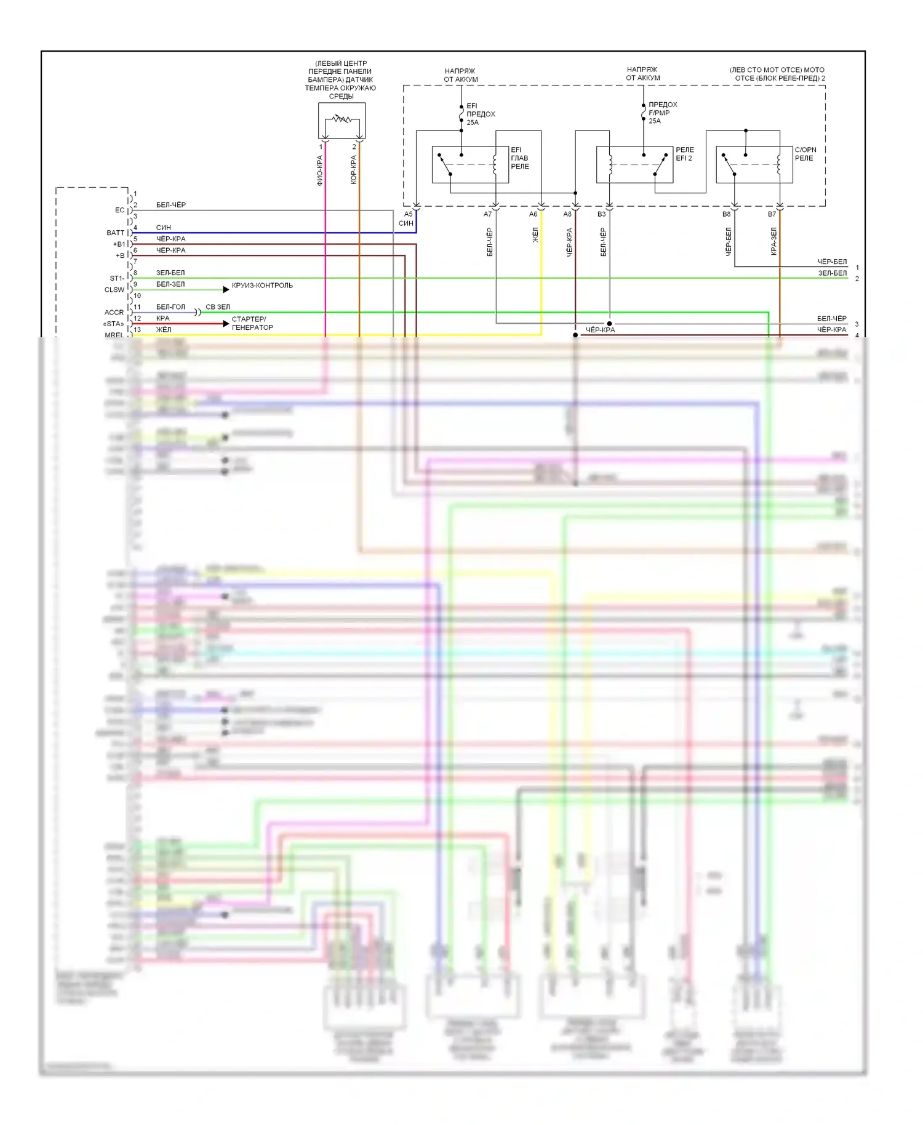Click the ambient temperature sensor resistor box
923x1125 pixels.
pos(342,121)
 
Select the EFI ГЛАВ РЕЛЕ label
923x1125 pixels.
pos(519,158)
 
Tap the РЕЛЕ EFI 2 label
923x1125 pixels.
pos(684,154)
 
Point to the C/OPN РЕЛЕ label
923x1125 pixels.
pos(805,154)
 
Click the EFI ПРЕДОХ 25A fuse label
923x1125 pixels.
pos(480,114)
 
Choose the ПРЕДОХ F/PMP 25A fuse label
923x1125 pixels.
pos(662,113)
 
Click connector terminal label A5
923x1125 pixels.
pos(408,214)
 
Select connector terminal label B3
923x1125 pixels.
pos(601,214)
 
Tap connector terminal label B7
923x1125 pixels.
pos(772,214)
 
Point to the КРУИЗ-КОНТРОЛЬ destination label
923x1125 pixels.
pos(262,286)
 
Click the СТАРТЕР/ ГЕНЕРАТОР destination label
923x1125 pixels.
pos(252,323)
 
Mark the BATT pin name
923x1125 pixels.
pos(115,233)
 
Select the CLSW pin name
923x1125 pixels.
pos(114,290)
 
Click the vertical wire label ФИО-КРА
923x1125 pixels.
pos(319,170)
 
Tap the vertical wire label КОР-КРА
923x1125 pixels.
pos(353,170)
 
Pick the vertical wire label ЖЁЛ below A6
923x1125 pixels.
pos(535,235)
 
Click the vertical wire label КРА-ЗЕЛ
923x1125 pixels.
pos(773,241)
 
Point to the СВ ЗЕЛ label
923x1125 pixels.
pos(218,306)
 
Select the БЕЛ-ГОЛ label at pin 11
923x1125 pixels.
pos(170,306)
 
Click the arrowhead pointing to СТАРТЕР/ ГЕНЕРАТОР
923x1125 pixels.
pos(226,324)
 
